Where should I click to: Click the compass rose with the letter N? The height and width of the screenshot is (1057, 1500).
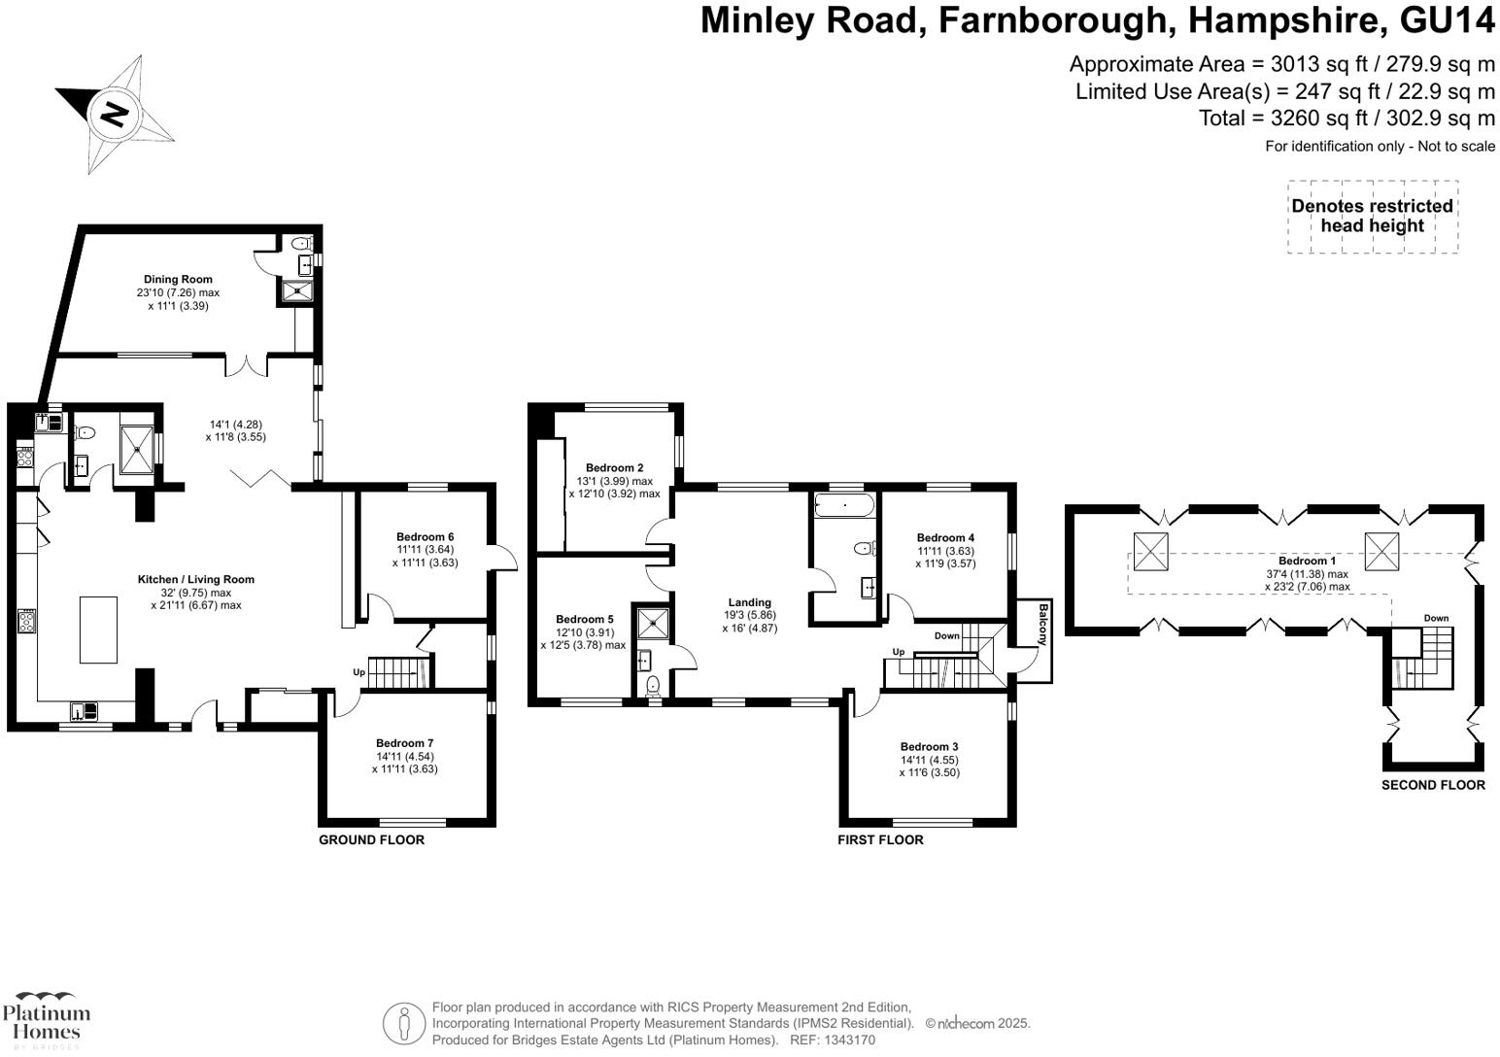coord(115,114)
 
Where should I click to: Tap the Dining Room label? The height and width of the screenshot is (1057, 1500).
coord(178,280)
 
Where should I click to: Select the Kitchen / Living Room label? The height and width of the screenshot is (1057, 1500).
coord(195,580)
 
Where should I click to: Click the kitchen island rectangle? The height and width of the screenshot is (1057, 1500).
coord(98,630)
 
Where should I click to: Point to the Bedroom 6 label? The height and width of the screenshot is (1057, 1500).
coord(425,537)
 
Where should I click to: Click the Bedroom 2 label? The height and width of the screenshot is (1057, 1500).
coord(614,468)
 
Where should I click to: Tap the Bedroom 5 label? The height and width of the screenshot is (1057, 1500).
coord(584,620)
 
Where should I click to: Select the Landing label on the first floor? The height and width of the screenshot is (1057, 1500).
coord(749,602)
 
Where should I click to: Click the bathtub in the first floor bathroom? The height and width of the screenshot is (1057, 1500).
coord(844,504)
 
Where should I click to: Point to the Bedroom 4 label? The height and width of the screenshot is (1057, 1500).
coord(945,538)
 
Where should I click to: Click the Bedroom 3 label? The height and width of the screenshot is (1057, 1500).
coord(929,747)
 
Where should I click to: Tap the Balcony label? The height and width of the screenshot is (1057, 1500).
coord(1042,626)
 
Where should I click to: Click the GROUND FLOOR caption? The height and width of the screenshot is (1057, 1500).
coord(371,839)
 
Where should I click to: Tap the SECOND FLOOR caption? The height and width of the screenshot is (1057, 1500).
coord(1433,785)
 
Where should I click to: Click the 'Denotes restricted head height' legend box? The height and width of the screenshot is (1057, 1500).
coord(1372,217)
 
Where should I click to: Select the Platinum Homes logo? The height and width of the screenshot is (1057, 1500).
coord(46,1019)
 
